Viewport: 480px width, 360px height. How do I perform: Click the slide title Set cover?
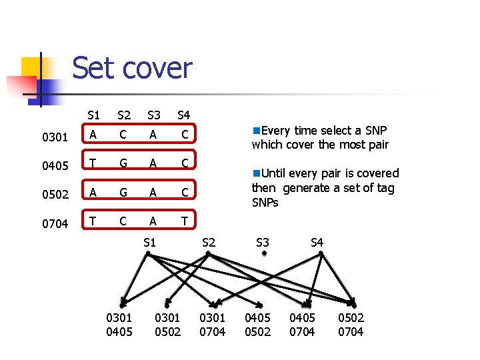pyautogui.click(x=132, y=67)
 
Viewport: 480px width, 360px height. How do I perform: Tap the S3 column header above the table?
pyautogui.click(x=154, y=115)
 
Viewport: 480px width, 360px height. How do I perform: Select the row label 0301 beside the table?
pyautogui.click(x=55, y=137)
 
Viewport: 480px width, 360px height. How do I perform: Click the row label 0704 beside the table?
pyautogui.click(x=55, y=224)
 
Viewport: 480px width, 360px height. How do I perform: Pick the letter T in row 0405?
pyautogui.click(x=93, y=163)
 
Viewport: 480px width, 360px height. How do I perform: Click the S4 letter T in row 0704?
pyautogui.click(x=184, y=221)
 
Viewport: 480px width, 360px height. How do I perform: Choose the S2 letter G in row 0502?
pyautogui.click(x=123, y=193)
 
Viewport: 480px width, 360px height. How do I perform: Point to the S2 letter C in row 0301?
pyautogui.click(x=123, y=135)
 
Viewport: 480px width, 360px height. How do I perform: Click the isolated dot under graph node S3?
pyautogui.click(x=264, y=253)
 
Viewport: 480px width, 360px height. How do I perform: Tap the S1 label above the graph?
pyautogui.click(x=150, y=243)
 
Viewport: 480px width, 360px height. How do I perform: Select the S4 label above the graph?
pyautogui.click(x=317, y=243)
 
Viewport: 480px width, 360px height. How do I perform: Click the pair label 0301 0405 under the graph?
pyautogui.click(x=119, y=325)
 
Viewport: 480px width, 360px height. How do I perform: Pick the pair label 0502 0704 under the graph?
pyautogui.click(x=351, y=325)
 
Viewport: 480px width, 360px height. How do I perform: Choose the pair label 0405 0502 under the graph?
pyautogui.click(x=258, y=325)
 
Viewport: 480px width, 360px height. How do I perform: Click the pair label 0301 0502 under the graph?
pyautogui.click(x=168, y=325)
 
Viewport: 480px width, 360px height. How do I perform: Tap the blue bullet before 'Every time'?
pyautogui.click(x=256, y=131)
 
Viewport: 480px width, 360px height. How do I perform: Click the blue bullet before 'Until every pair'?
pyautogui.click(x=256, y=173)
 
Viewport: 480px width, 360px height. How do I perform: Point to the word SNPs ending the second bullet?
pyautogui.click(x=265, y=203)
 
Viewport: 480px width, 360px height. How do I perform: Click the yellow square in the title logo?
pyautogui.click(x=30, y=68)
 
